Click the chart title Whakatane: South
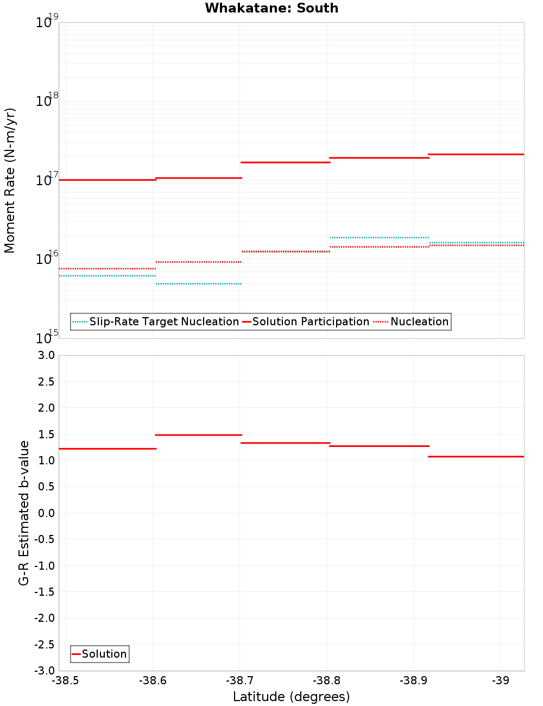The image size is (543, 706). click(271, 8)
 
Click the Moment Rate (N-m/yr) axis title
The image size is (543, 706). click(10, 180)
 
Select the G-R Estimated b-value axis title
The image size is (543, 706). click(24, 513)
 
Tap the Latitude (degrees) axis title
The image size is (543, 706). click(291, 697)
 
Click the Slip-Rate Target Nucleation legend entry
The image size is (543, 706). click(163, 322)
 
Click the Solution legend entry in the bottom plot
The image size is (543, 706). click(104, 654)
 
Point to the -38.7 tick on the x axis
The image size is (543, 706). click(239, 680)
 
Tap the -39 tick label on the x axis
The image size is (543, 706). click(500, 680)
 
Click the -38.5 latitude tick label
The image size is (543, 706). click(65, 680)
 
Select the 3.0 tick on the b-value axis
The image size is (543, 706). click(46, 355)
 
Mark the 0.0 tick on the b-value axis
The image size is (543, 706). click(46, 513)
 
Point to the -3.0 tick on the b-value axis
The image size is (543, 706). click(44, 671)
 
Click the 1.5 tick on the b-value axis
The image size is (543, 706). click(46, 434)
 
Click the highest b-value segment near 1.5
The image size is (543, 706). click(198, 435)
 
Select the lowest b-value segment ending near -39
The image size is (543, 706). click(476, 457)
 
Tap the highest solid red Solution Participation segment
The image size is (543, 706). click(476, 154)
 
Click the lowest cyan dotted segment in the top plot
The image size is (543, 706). click(198, 283)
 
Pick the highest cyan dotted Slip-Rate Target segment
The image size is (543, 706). click(378, 237)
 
